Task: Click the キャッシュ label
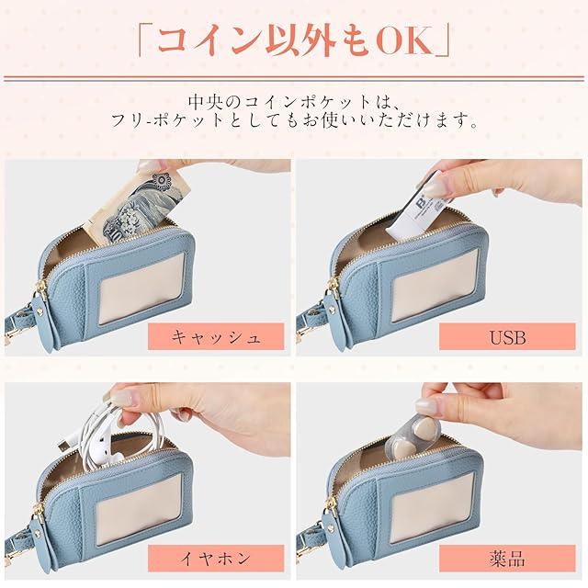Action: [x=216, y=337]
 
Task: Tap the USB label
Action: [x=507, y=337]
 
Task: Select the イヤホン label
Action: [x=216, y=559]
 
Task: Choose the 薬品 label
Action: [x=507, y=559]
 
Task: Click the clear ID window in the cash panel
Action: [x=141, y=287]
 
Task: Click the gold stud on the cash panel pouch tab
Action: [x=40, y=309]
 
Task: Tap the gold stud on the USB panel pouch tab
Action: [x=331, y=309]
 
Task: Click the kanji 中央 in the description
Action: [x=208, y=102]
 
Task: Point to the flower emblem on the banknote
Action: [x=162, y=181]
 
